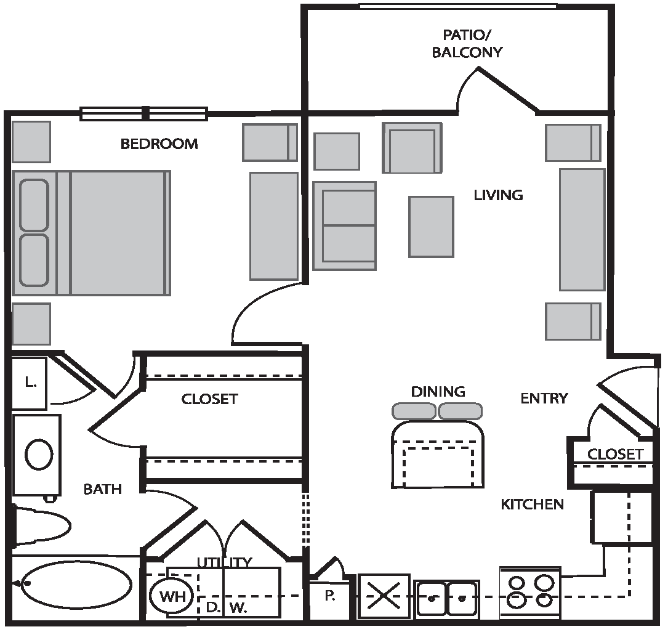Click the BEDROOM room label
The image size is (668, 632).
(159, 144)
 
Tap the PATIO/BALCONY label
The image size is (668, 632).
(467, 44)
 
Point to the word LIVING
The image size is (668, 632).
(499, 195)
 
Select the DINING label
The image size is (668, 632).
(438, 392)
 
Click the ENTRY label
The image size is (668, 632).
(544, 399)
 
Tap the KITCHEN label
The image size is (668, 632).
(532, 504)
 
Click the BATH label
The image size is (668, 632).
(103, 489)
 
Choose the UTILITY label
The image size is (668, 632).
(225, 562)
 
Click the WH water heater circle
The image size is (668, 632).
(172, 596)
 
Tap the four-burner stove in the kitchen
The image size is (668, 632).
(530, 593)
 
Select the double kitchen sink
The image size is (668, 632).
(447, 598)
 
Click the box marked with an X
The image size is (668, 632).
(384, 596)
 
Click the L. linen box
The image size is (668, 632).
(29, 383)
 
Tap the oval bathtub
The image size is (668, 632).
(76, 584)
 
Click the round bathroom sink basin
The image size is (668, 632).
(39, 455)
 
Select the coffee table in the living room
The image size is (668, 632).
(431, 227)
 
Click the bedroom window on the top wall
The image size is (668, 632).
(144, 114)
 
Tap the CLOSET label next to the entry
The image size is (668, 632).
(615, 455)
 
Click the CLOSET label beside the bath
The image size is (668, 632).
(209, 399)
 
